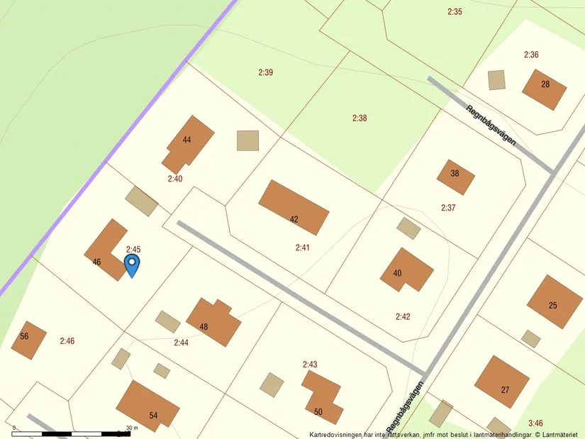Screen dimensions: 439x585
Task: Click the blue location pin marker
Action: [x=132, y=264]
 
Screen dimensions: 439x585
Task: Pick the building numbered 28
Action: [x=545, y=89]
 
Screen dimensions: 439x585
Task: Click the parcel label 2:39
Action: [x=266, y=72]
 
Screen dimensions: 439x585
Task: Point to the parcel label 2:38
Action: [x=360, y=118]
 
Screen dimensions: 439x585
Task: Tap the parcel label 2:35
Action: [x=455, y=11]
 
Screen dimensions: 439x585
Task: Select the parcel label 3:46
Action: [x=535, y=423]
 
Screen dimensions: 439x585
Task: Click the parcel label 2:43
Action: [x=310, y=365]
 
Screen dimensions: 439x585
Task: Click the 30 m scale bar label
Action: [x=132, y=428]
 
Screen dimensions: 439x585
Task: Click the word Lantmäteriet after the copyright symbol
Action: [x=561, y=434]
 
